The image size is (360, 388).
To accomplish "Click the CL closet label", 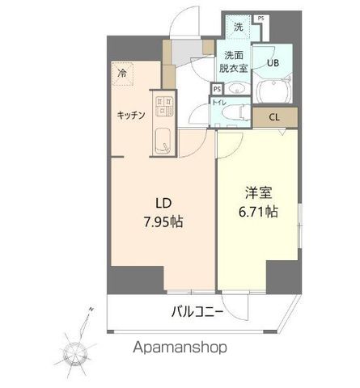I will pyautogui.click(x=274, y=117).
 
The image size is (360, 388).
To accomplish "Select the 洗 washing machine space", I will pyautogui.click(x=238, y=27).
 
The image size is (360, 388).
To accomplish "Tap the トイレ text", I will pyautogui.click(x=218, y=103).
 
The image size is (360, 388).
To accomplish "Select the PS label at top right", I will pyautogui.click(x=260, y=18).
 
